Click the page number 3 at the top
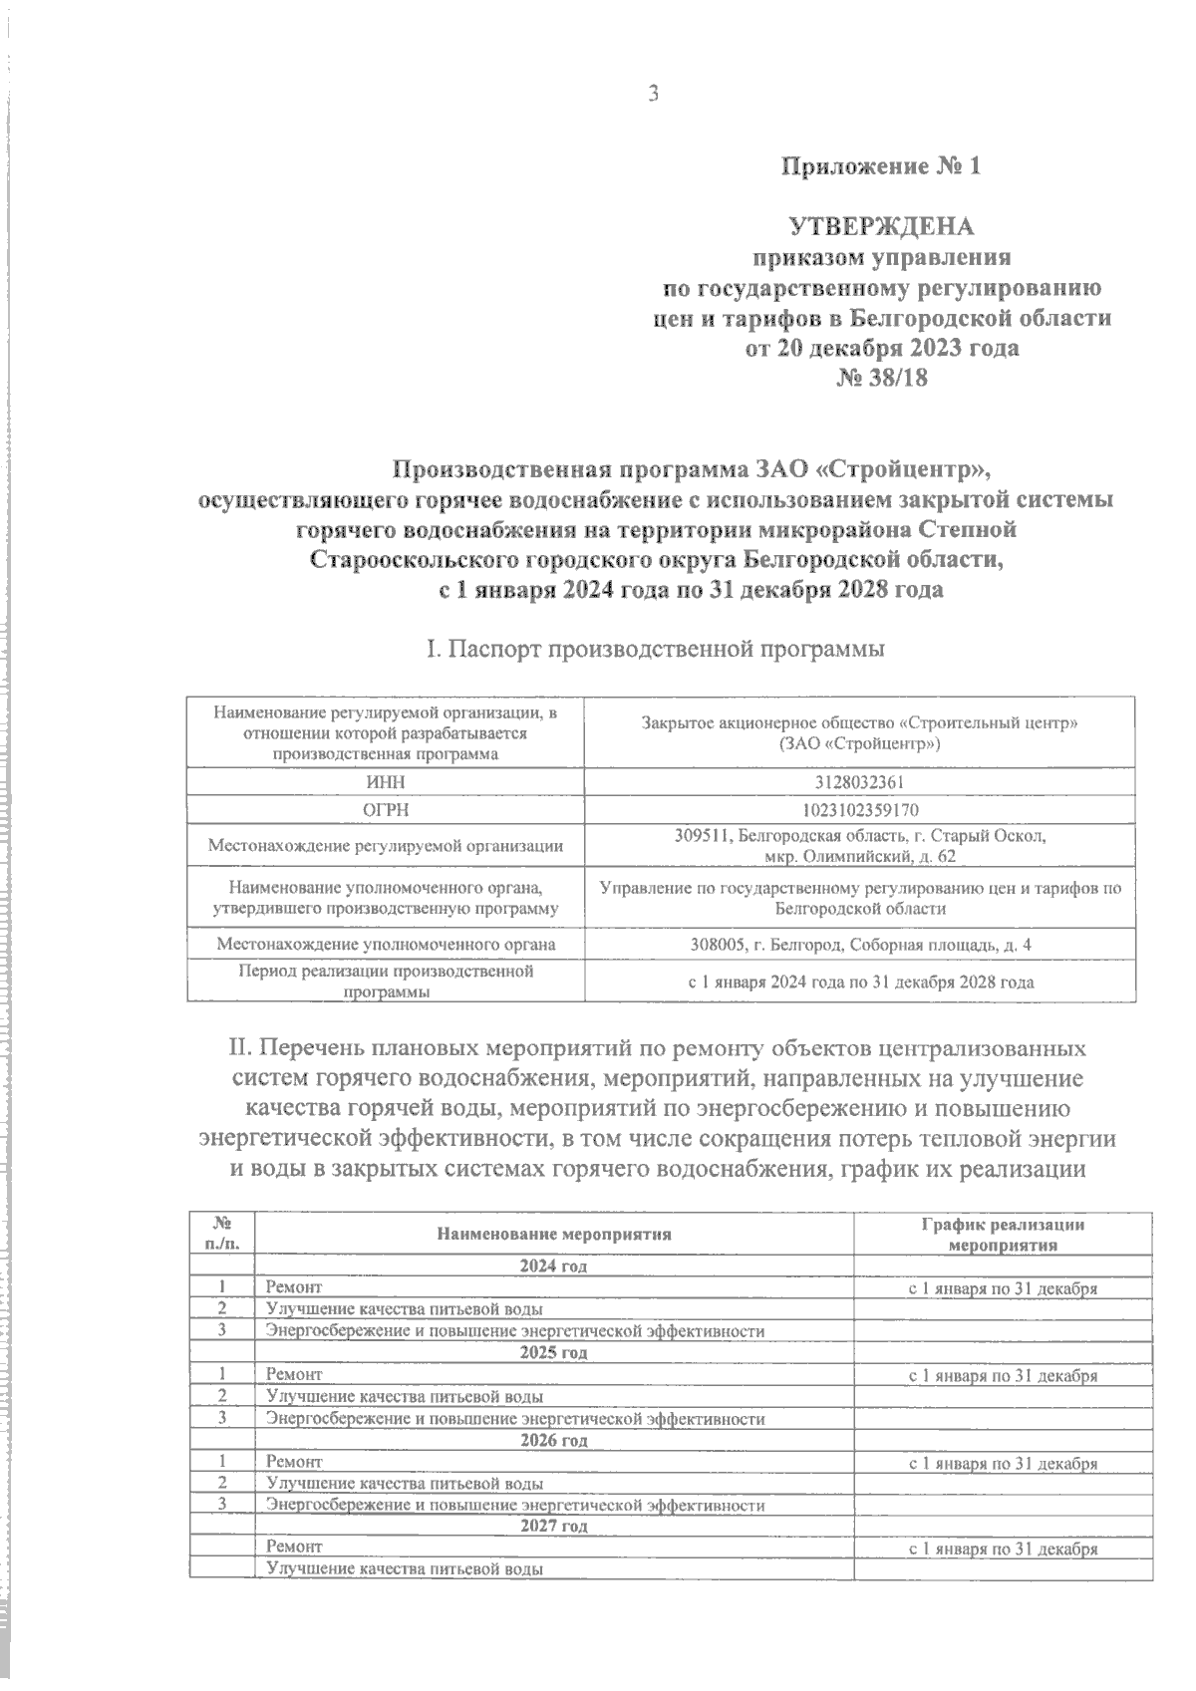654,94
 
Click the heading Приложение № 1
880,165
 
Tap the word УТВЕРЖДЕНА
881,226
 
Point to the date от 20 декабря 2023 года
882,349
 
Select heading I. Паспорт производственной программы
656,651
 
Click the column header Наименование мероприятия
553,1234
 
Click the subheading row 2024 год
553,1266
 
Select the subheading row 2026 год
553,1440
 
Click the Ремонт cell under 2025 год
294,1375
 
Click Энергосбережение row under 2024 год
514,1330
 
